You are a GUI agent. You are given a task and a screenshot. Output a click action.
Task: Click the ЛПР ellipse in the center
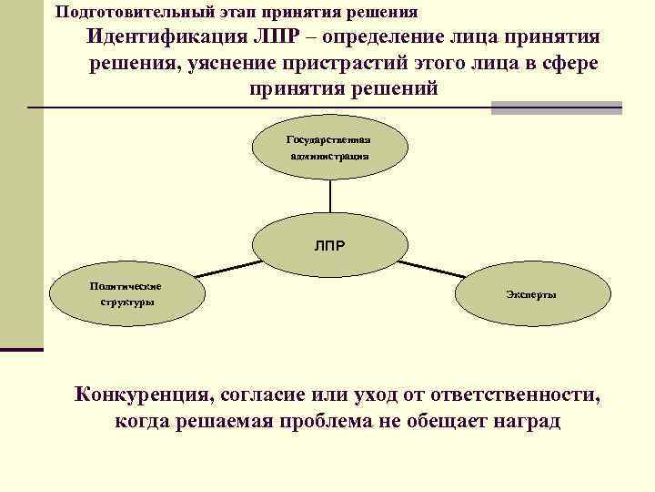tap(328, 245)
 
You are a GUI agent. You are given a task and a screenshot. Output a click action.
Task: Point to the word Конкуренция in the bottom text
tap(141, 395)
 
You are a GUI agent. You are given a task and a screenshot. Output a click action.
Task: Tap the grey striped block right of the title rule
tap(556, 108)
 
